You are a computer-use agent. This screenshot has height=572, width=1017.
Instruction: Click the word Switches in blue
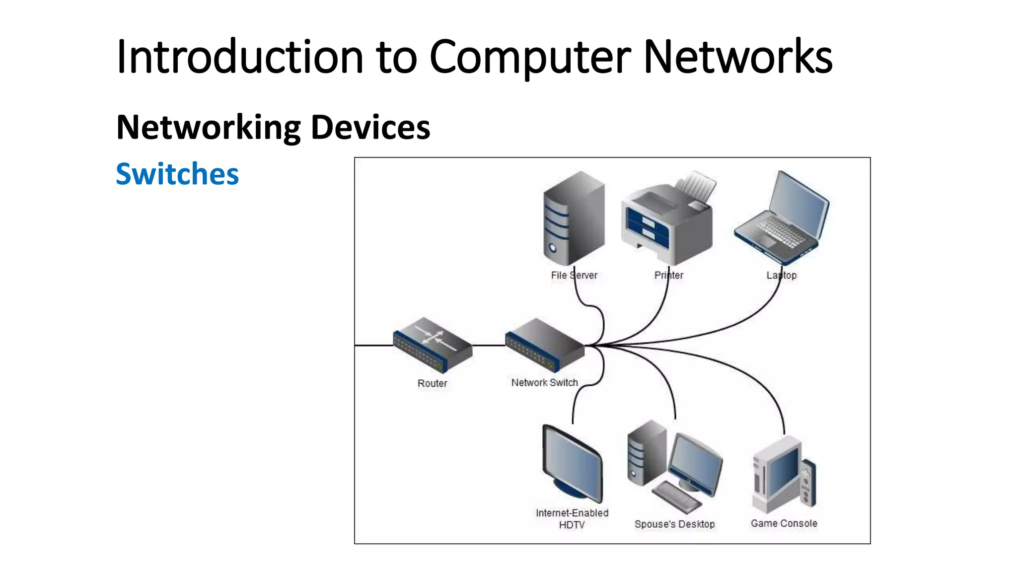point(177,174)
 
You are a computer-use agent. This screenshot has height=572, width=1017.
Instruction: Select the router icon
point(432,345)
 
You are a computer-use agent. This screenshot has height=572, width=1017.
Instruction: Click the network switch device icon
point(544,345)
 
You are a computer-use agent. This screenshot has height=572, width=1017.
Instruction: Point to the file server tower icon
point(574,218)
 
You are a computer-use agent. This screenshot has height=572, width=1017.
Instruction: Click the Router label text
point(432,383)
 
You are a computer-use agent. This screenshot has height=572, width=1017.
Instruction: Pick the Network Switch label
point(544,383)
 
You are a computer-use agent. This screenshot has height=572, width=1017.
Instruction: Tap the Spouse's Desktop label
point(674,524)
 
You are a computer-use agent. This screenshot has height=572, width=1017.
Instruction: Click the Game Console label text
point(784,523)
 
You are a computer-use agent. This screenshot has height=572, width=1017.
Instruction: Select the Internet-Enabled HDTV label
point(572,518)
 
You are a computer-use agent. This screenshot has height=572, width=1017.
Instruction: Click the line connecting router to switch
point(489,345)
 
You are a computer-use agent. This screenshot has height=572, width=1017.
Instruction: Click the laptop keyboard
point(780,231)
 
